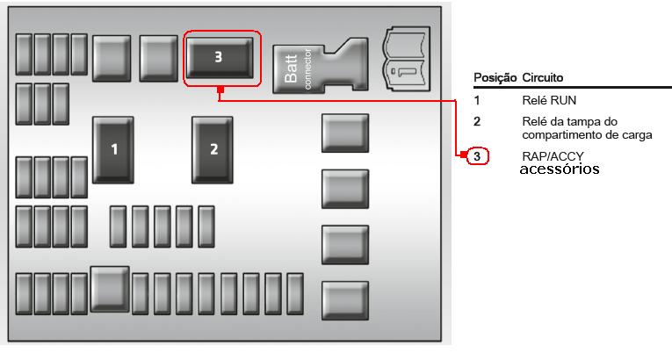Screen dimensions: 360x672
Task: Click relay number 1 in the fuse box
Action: [113, 149]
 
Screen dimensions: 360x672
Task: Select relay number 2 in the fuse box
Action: [213, 149]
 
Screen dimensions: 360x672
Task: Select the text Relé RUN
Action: [549, 101]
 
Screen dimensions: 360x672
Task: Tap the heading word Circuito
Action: [543, 77]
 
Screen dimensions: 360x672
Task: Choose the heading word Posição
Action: [495, 77]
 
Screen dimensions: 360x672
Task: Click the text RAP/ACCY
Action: [553, 156]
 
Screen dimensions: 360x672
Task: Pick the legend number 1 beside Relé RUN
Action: [477, 101]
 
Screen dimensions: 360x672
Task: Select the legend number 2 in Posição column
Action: [477, 121]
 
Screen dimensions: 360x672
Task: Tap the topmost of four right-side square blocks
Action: [344, 133]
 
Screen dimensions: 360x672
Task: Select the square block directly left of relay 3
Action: [159, 58]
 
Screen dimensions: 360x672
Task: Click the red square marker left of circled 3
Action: [461, 156]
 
